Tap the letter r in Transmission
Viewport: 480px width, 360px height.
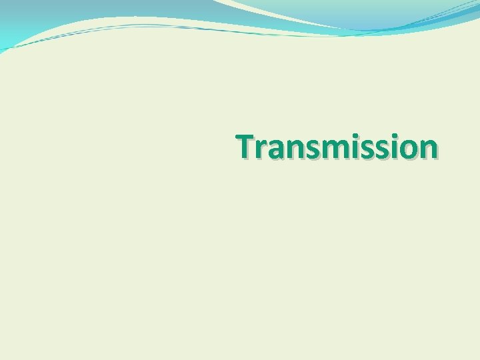coord(261,150)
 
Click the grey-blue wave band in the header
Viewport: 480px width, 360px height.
coord(100,13)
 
